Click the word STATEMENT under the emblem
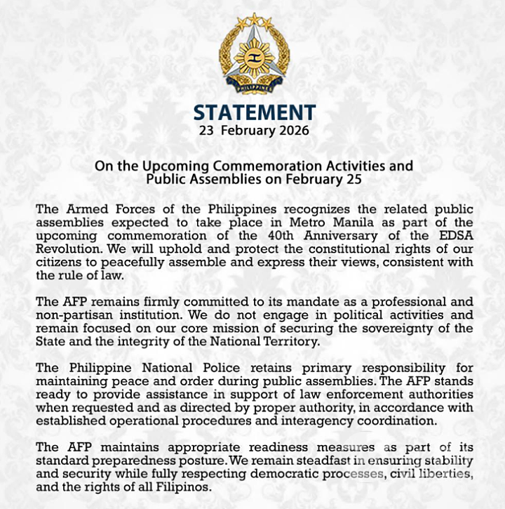254,112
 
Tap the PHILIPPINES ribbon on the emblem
253,88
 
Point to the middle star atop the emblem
253,19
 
